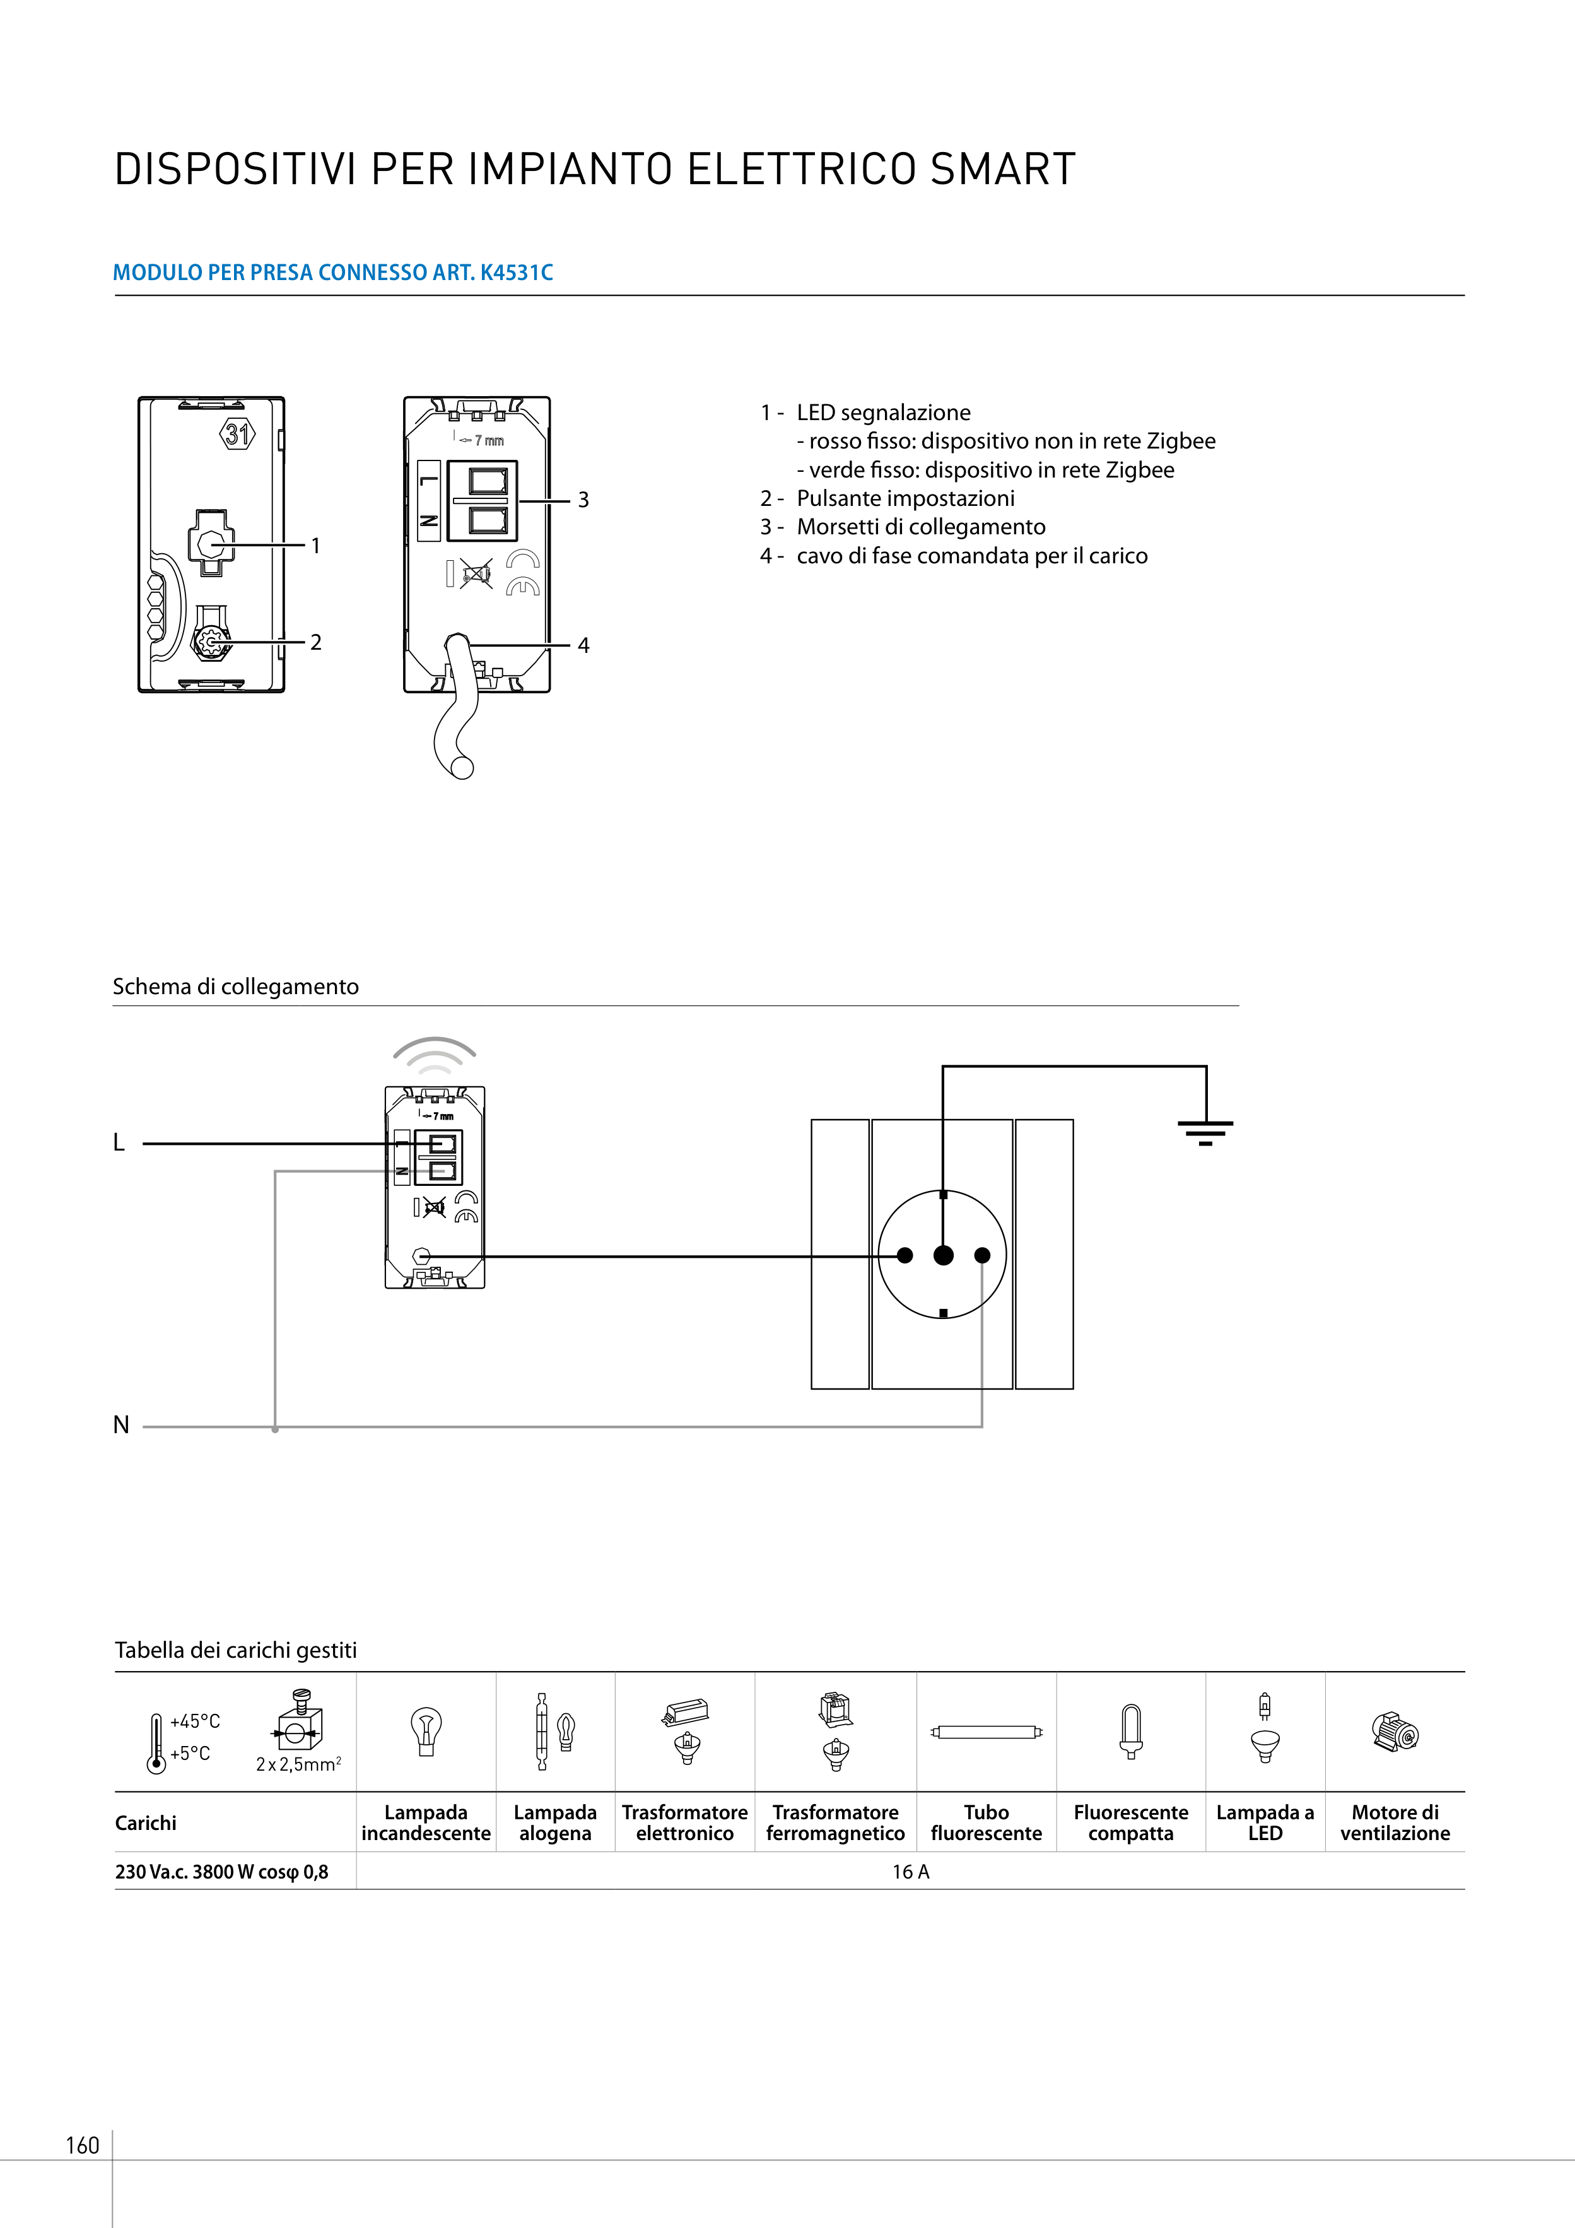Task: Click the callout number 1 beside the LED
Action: click(315, 546)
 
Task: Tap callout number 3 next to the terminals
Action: click(583, 500)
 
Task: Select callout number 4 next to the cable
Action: click(583, 645)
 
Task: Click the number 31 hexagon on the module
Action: click(238, 434)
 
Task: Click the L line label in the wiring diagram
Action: click(119, 1143)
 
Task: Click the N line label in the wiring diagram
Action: click(121, 1424)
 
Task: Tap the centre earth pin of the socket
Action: click(943, 1256)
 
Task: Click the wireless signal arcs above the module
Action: click(435, 1053)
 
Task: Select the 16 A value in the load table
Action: click(910, 1872)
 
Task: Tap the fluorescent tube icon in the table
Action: click(986, 1732)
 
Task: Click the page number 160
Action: click(83, 2145)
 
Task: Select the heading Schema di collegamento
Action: click(236, 987)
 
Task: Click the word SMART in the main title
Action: click(1002, 170)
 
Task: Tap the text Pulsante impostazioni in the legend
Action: click(905, 499)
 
